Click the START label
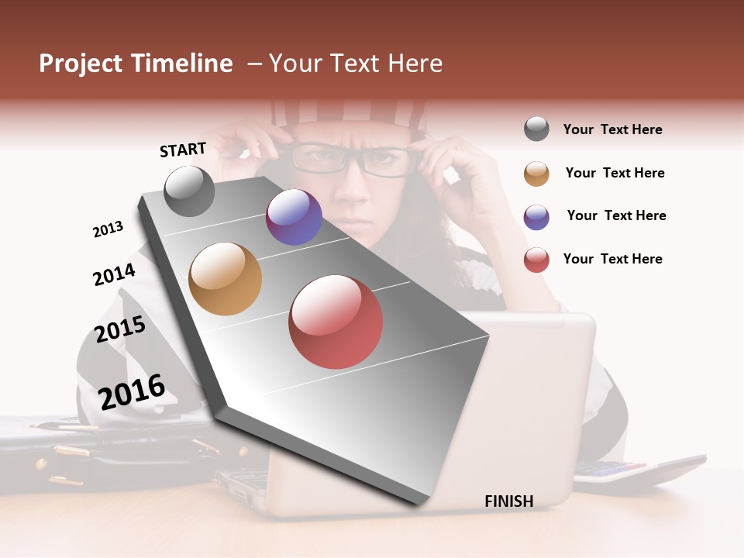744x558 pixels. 183,150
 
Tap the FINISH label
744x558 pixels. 508,501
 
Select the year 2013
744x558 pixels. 108,229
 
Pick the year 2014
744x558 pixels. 114,274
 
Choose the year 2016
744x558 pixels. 132,391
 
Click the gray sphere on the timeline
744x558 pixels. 189,191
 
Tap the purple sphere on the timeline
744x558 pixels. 294,217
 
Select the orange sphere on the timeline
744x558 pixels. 225,279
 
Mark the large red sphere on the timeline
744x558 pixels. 336,322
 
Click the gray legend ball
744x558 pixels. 536,129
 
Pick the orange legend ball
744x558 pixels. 536,174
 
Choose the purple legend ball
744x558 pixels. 536,217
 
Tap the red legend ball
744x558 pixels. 536,260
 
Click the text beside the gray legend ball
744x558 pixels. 612,129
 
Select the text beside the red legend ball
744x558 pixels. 612,259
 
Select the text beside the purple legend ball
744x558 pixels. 616,215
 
